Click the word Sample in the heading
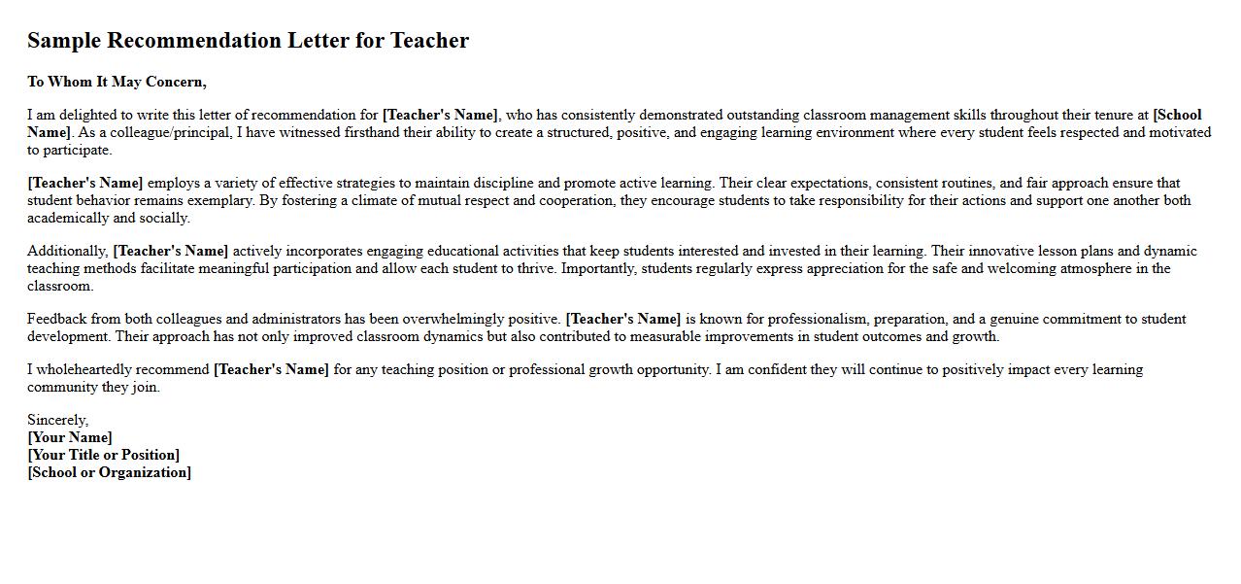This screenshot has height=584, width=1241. [64, 41]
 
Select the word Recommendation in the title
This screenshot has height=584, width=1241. [194, 41]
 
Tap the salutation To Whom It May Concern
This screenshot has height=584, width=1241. [117, 82]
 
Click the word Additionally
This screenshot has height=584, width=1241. [67, 251]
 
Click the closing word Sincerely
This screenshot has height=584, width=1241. [57, 420]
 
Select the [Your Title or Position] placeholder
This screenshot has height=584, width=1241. [104, 455]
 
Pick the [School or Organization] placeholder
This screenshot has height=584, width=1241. [110, 472]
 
